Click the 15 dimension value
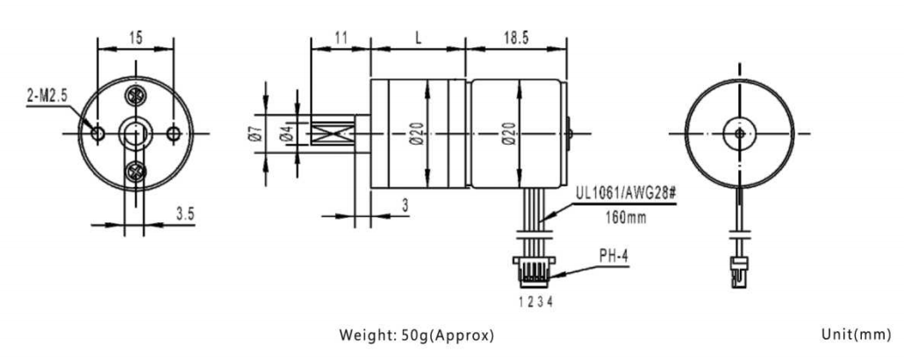[135, 39]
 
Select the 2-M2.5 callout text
[47, 95]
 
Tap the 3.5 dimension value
[185, 214]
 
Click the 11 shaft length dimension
[341, 39]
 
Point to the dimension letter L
[419, 39]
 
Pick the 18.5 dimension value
[516, 39]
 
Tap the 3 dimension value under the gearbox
[405, 205]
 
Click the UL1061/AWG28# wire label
[624, 192]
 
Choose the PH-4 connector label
[613, 256]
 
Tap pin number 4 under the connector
[550, 301]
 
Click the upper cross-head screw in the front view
[136, 95]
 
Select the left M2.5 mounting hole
[98, 133]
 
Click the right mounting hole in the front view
[174, 133]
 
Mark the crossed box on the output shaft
[333, 133]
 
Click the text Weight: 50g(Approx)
[416, 335]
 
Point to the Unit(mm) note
[856, 335]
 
